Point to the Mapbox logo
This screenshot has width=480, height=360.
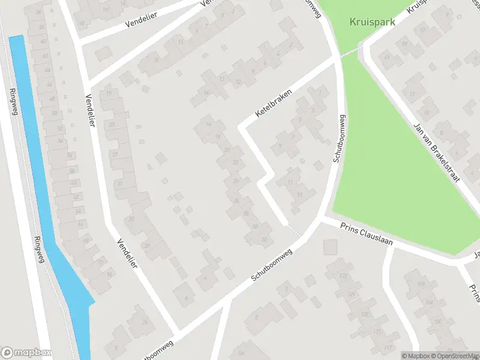[x=26, y=353]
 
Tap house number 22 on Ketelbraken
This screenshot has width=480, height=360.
[x=235, y=163]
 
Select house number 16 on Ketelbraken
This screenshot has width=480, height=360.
[x=217, y=136]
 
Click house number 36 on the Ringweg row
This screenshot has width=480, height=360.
[x=39, y=12]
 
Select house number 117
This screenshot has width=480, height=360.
[x=389, y=348]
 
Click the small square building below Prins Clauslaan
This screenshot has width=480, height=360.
[x=330, y=247]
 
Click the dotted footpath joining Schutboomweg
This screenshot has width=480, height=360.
[x=294, y=230]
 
